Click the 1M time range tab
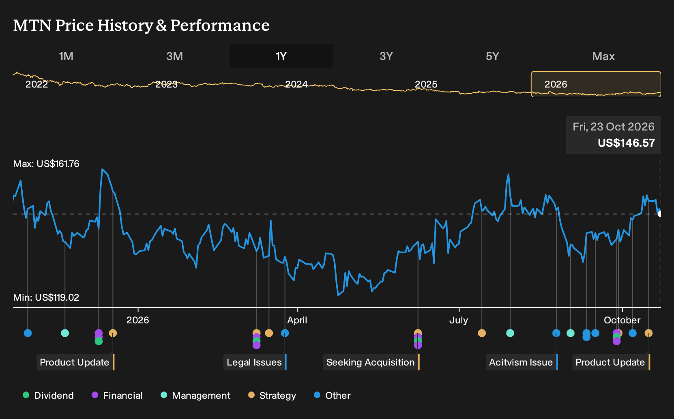click(x=66, y=56)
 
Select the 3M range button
click(x=174, y=56)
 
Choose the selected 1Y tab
click(x=281, y=56)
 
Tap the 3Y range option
click(x=386, y=56)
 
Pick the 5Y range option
click(x=493, y=56)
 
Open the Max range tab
click(x=603, y=56)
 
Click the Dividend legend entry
click(x=48, y=395)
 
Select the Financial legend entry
click(x=117, y=395)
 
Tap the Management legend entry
click(x=195, y=395)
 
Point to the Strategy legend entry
click(x=272, y=395)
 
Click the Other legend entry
click(x=332, y=395)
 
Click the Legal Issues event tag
click(x=255, y=362)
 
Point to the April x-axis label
click(x=297, y=320)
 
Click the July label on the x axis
click(x=459, y=320)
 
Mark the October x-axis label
click(x=622, y=320)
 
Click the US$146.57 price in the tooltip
click(x=626, y=143)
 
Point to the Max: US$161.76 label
click(x=46, y=164)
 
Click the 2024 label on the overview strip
click(x=296, y=84)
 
